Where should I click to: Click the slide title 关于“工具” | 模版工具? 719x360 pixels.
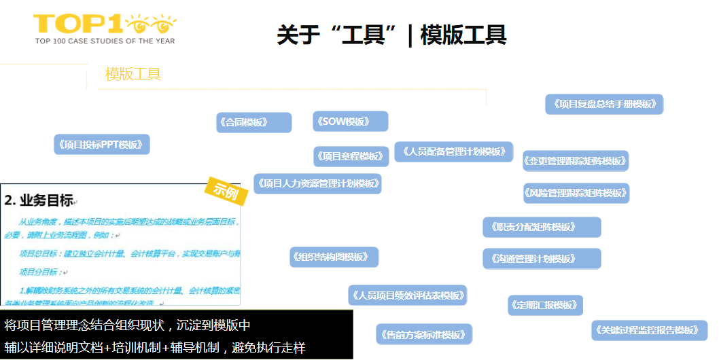click(391, 35)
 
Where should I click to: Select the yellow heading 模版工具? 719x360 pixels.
click(133, 74)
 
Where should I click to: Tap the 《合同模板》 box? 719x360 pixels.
click(253, 122)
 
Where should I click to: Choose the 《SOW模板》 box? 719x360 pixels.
click(350, 122)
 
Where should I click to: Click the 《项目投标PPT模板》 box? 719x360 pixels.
click(102, 145)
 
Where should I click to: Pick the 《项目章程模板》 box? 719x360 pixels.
click(351, 156)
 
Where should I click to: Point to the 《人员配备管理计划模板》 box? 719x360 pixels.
click(454, 151)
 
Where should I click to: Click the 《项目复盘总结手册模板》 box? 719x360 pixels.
click(604, 104)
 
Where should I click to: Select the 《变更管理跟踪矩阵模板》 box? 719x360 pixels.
click(576, 161)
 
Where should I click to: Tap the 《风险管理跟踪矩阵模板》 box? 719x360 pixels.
click(576, 193)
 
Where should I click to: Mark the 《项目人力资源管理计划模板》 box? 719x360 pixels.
click(317, 183)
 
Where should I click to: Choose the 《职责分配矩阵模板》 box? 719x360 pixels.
click(542, 227)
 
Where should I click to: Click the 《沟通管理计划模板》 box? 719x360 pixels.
click(542, 259)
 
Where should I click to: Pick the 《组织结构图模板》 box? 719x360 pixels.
click(334, 257)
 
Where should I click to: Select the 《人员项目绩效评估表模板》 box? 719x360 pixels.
click(407, 295)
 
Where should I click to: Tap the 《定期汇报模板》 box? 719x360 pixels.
click(545, 305)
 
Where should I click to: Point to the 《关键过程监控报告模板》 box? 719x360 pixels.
click(649, 330)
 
